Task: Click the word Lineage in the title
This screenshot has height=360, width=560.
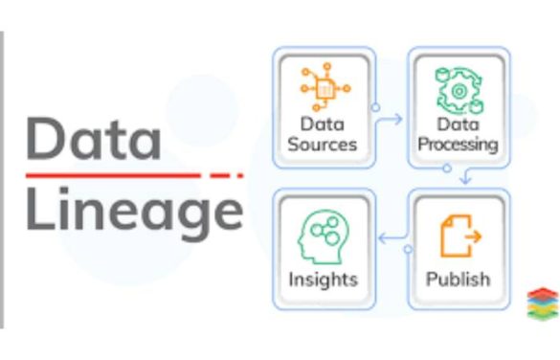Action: [133, 212]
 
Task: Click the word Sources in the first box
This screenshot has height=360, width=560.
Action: [323, 145]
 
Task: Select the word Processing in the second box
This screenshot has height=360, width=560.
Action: [457, 145]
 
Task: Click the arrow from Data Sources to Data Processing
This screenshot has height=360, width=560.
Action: [388, 121]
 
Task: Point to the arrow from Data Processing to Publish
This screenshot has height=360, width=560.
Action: [463, 177]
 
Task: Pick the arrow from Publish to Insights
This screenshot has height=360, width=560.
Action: [393, 236]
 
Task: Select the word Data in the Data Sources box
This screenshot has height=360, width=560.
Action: [322, 124]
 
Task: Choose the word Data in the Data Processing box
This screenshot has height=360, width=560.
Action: [457, 124]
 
